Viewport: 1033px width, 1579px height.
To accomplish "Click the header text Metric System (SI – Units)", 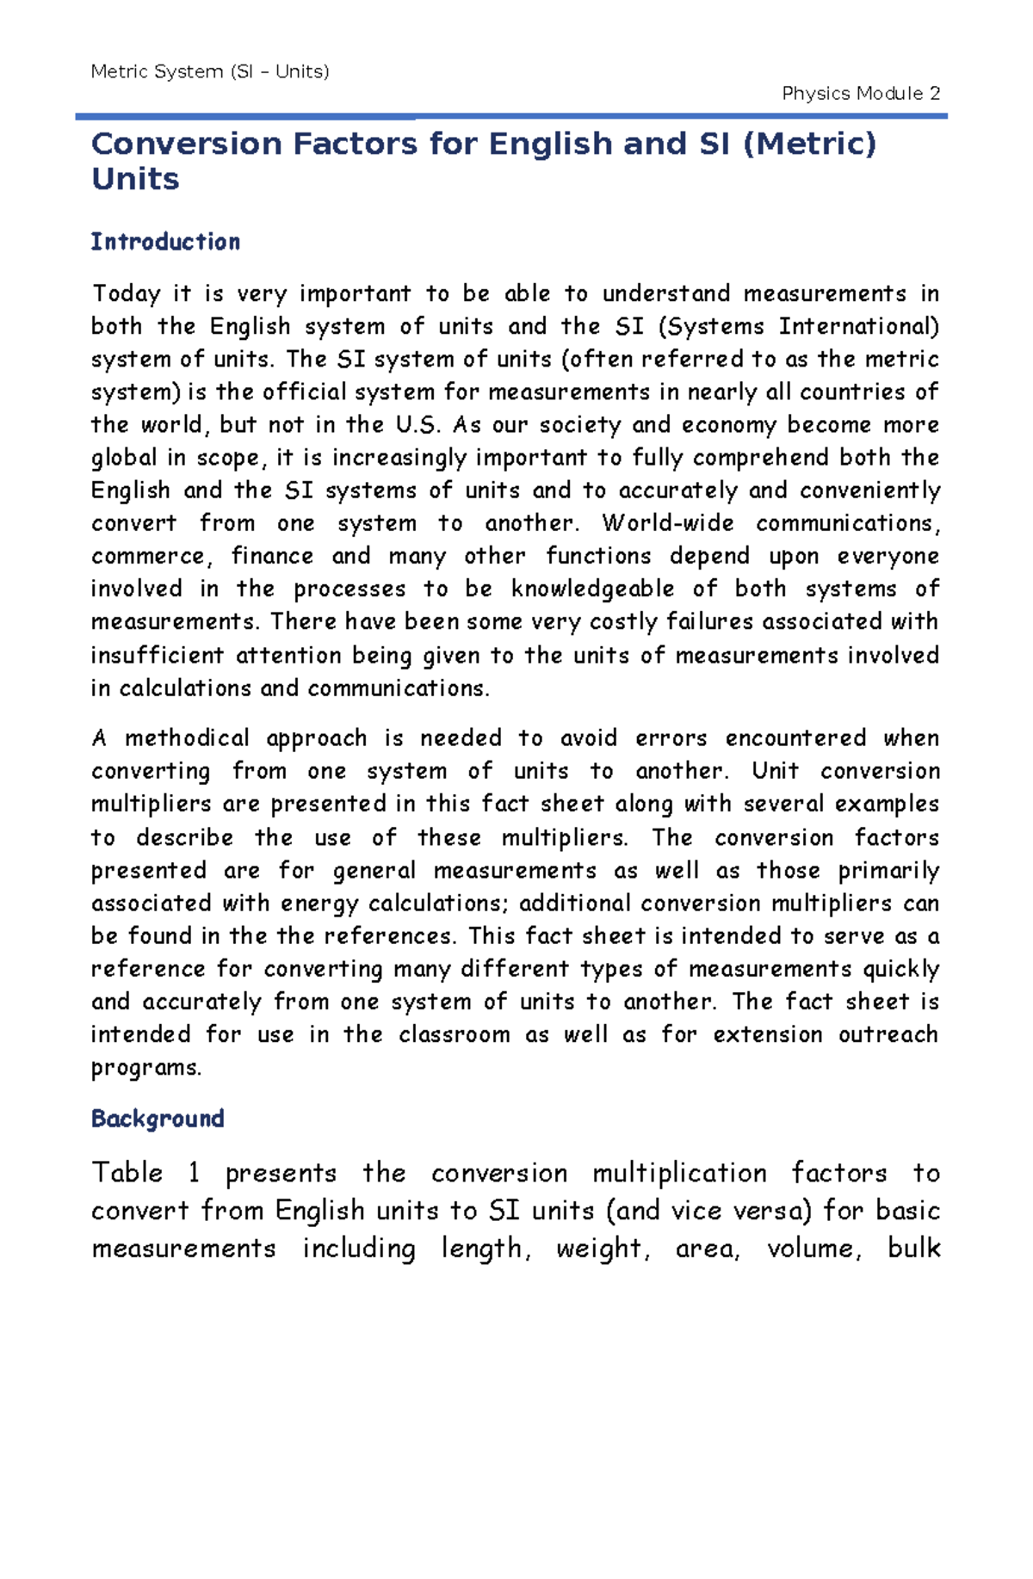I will (x=210, y=71).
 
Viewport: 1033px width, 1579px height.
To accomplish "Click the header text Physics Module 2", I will (x=860, y=93).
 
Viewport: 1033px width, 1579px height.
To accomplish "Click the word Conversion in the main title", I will (x=186, y=144).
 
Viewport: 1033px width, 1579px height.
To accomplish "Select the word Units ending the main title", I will (x=135, y=179).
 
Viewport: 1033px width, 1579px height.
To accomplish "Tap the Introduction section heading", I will (x=165, y=242).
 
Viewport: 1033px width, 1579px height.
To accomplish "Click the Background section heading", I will (x=158, y=1119).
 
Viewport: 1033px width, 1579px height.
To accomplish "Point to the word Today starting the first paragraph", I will (x=126, y=294).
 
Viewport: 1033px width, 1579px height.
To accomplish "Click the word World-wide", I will (x=667, y=523).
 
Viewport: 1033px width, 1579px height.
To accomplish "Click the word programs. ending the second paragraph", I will (x=146, y=1068).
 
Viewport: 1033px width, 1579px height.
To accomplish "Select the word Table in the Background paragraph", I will (x=127, y=1173).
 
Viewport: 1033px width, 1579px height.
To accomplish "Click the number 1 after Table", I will (x=194, y=1173).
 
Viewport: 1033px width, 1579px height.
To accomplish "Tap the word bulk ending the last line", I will (x=913, y=1248).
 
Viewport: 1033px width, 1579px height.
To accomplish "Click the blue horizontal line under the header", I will (x=511, y=115).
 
